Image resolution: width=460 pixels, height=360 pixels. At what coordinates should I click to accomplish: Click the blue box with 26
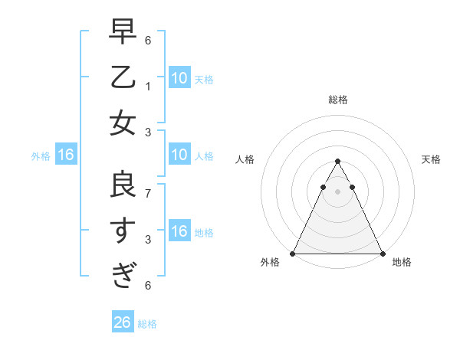tap(122, 322)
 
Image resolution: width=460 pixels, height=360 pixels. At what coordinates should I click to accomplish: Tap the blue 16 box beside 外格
tap(66, 155)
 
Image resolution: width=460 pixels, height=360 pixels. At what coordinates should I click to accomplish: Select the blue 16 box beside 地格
tap(179, 232)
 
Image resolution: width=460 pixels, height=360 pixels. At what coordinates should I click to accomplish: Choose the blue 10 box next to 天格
tap(179, 77)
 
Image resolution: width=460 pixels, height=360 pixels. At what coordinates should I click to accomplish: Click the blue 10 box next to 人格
tap(179, 155)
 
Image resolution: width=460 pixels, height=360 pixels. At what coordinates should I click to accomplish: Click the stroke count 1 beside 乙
tap(147, 86)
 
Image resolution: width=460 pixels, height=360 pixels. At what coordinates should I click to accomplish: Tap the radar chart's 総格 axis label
tap(338, 100)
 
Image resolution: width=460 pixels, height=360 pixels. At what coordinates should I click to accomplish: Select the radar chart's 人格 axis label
tap(245, 159)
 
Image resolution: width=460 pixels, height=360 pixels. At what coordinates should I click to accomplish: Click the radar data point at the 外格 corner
tap(294, 254)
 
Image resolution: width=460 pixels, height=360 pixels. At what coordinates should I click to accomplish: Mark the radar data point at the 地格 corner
tap(382, 254)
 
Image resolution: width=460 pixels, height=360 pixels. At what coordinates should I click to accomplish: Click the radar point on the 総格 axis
tap(338, 162)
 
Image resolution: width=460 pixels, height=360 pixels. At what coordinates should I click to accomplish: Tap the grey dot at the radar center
tap(338, 191)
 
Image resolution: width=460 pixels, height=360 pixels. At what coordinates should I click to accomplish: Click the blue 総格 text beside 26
tap(147, 324)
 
